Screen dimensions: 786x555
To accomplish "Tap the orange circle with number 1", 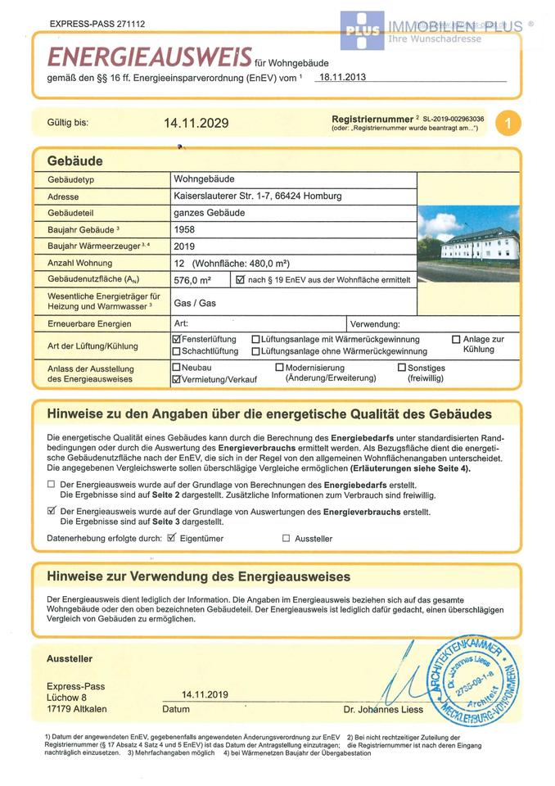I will [508, 124].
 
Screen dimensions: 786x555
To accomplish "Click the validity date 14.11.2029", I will [196, 124].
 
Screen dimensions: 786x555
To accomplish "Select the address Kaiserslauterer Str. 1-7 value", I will [257, 196].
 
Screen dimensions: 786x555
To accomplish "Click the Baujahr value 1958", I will [185, 230].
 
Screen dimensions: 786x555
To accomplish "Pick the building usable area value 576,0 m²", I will [193, 280].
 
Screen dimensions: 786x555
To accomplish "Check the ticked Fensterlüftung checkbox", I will [177, 339].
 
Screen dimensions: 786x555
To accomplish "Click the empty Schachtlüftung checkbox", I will [177, 351].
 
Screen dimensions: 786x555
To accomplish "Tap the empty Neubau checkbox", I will [177, 368].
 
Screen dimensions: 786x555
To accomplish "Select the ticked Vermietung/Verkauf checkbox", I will [177, 380].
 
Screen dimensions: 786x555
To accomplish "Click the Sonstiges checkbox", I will [402, 368].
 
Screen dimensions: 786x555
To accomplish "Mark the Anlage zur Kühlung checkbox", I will [457, 339].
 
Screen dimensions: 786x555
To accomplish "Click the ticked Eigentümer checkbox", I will [172, 538].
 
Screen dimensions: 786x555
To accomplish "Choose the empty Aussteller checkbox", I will [286, 539].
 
